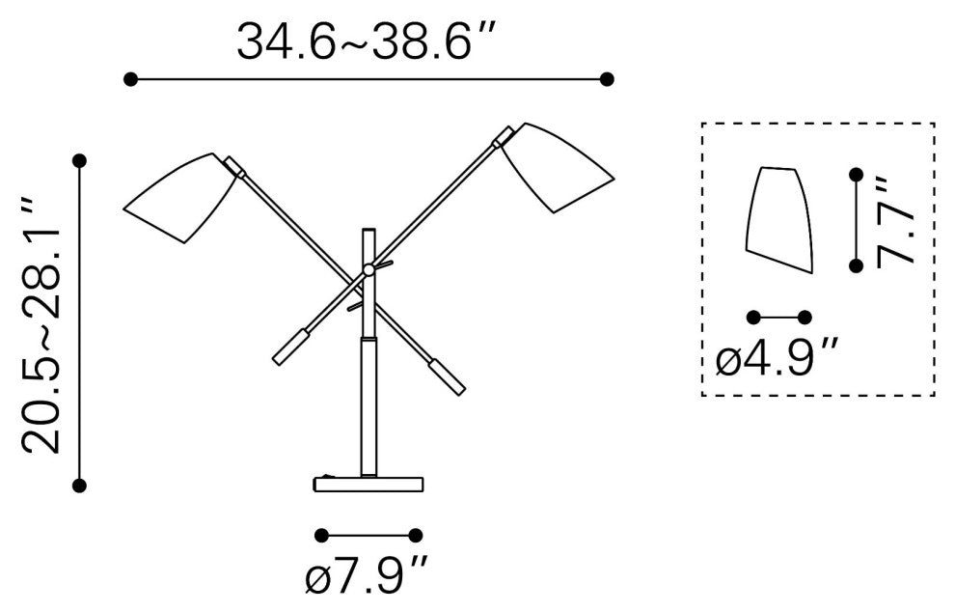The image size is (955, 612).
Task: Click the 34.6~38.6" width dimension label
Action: click(363, 41)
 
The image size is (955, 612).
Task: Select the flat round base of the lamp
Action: click(368, 485)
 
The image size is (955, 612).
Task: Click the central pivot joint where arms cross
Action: click(368, 268)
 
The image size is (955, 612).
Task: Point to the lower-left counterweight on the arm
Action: click(291, 347)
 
